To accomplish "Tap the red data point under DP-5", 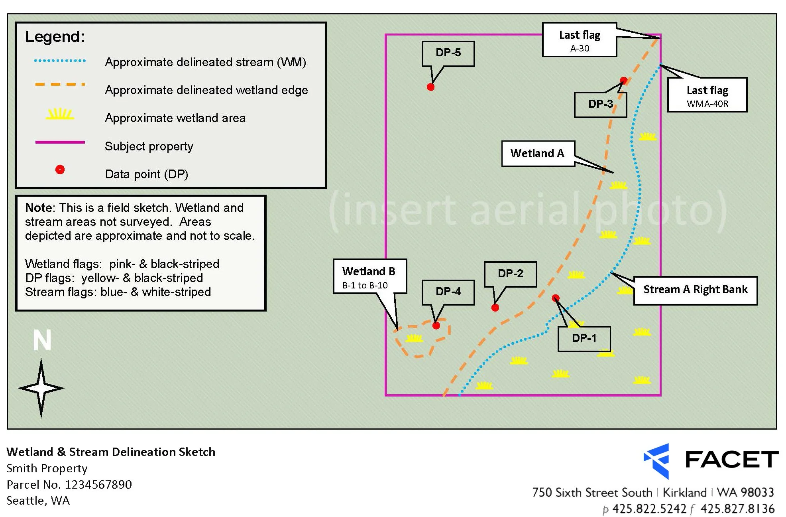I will coord(430,87).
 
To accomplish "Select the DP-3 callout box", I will coord(600,105).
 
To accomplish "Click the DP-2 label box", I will coord(510,274).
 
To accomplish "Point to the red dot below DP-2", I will coord(495,308).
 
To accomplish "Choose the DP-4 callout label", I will coord(448,292).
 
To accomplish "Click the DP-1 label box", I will coord(584,339).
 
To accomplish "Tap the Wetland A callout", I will coord(538,154).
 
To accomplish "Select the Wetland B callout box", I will coord(369,276).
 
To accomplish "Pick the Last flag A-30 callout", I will coord(580,40).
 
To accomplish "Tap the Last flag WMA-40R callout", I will coord(707,95).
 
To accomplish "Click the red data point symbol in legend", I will coord(60,170).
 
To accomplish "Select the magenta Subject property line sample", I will coord(60,142).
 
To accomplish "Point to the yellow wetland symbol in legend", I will coord(60,114).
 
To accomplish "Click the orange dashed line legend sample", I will coord(60,85).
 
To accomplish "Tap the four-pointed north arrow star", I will coord(41,388).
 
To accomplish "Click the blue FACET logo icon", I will coord(657,461).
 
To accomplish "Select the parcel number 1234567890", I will coord(98,485).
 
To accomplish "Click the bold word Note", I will coord(39,208).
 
